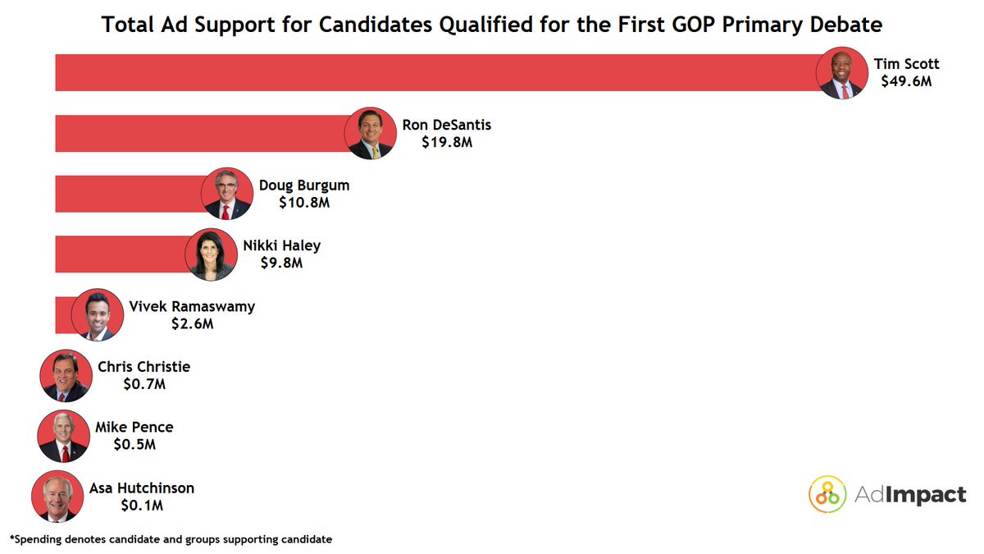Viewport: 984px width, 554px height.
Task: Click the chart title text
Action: pos(491,25)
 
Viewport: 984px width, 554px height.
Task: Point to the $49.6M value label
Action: pos(906,81)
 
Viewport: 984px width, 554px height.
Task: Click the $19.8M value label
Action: pos(447,142)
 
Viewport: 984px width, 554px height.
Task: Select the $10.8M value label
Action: pos(304,202)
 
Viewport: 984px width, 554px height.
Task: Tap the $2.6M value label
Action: pos(192,323)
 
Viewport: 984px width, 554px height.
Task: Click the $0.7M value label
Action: pos(143,384)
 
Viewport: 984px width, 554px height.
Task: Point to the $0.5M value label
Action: pos(134,444)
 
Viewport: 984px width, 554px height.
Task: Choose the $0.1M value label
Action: pos(142,505)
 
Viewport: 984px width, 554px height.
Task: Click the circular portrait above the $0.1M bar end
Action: pos(57,497)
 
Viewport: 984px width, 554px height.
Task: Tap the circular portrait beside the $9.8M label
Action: pos(211,254)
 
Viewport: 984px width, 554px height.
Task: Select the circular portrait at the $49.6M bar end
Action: pos(842,72)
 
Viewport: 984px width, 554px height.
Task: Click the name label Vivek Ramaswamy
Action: pos(192,306)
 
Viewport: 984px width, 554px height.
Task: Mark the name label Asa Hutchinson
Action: pos(142,488)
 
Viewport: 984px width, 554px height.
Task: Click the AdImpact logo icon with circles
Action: pos(827,494)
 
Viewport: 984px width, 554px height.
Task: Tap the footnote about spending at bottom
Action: pos(171,539)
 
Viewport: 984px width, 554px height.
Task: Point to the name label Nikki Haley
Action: pos(281,245)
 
